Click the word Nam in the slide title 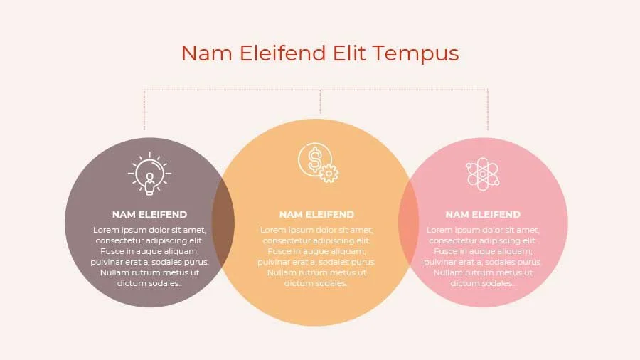pyautogui.click(x=203, y=53)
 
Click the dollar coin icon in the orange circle pyautogui.click(x=314, y=159)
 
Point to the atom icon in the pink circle pyautogui.click(x=483, y=174)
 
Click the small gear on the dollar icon pyautogui.click(x=329, y=173)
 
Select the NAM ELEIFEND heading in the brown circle pyautogui.click(x=149, y=214)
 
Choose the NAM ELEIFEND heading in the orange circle pyautogui.click(x=316, y=214)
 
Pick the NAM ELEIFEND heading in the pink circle pyautogui.click(x=483, y=214)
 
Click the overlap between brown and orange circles pyautogui.click(x=224, y=221)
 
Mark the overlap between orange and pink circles pyautogui.click(x=408, y=221)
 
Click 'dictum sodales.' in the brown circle pyautogui.click(x=149, y=283)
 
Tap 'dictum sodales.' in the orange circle pyautogui.click(x=316, y=283)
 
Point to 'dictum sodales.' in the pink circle pyautogui.click(x=483, y=283)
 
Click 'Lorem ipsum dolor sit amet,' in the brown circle pyautogui.click(x=149, y=230)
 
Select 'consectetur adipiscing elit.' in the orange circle pyautogui.click(x=316, y=240)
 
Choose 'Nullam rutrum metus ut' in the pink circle pyautogui.click(x=483, y=272)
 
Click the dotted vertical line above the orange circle pyautogui.click(x=320, y=103)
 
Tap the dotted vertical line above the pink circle pyautogui.click(x=488, y=110)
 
